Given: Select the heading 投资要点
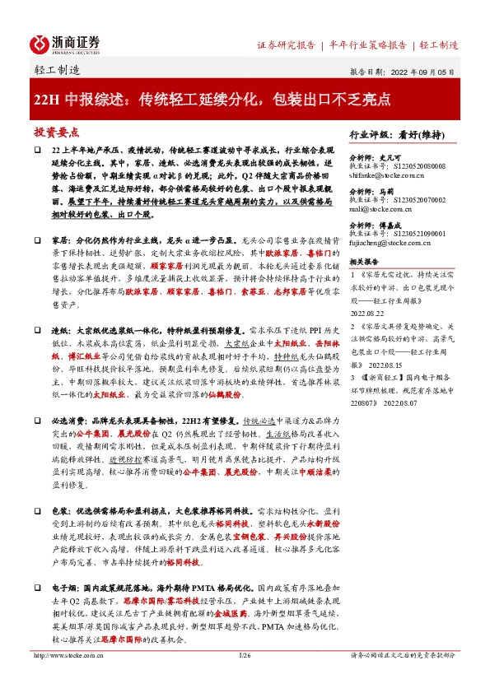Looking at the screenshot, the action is point(57,132).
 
